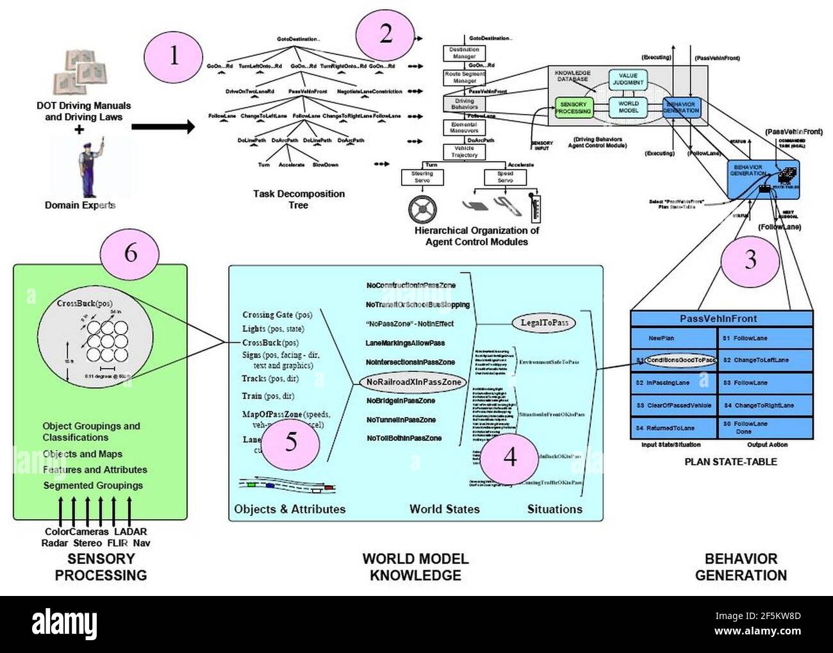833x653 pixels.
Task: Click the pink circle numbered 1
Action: click(174, 57)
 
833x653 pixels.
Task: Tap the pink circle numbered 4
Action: click(509, 457)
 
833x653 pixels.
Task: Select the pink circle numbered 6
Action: click(130, 252)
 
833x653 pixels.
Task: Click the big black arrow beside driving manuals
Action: click(163, 127)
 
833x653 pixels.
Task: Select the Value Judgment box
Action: click(627, 79)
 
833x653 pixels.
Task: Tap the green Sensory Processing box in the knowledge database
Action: click(573, 108)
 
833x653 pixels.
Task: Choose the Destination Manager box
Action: click(464, 53)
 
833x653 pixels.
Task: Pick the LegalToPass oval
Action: click(543, 322)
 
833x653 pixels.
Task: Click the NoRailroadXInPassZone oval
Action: click(413, 382)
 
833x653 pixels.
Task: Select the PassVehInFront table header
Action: click(722, 318)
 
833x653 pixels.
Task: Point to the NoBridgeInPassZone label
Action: click(400, 401)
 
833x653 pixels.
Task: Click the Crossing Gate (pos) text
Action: click(277, 315)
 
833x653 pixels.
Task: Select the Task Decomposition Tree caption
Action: click(299, 199)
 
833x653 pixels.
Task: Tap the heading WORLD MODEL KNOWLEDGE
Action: click(415, 566)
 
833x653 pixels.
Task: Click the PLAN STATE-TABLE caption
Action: click(730, 461)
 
